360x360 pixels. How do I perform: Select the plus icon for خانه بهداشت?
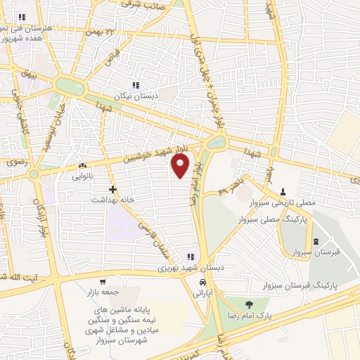click(x=112, y=189)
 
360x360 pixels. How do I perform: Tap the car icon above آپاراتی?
click(x=202, y=282)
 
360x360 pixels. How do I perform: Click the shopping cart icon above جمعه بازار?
click(x=103, y=281)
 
